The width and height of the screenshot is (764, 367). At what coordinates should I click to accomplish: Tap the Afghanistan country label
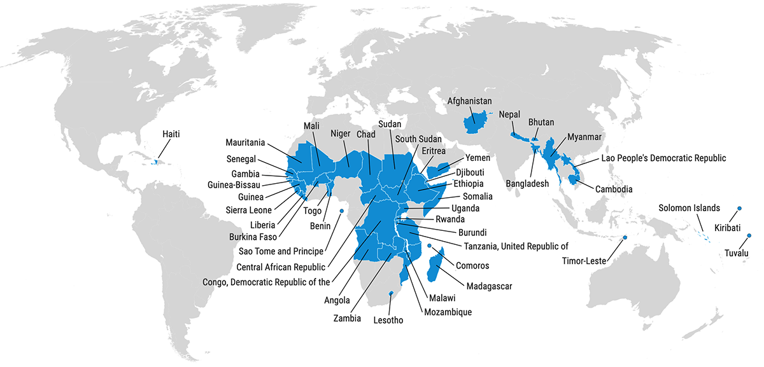coord(470,101)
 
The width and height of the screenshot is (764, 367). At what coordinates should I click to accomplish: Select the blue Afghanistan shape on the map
coord(474,121)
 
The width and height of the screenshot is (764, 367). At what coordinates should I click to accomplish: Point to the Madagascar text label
coord(489,286)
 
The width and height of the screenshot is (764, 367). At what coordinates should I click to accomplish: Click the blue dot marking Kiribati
coord(739,208)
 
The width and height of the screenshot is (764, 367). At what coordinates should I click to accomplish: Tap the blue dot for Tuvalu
coord(749,236)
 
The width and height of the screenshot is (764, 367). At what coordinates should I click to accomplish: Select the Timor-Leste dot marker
coord(625,238)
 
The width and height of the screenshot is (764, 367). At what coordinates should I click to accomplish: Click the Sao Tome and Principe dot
coord(342,211)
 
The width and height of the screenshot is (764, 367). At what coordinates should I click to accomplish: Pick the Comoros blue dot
coord(429,246)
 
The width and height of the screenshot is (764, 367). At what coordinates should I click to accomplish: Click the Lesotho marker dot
coord(391,293)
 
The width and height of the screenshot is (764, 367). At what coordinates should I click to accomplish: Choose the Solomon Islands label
coord(689,208)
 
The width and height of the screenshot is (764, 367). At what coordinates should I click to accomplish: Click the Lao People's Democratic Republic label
coord(663,158)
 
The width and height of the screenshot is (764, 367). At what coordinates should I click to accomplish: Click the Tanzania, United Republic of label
coord(511,246)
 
